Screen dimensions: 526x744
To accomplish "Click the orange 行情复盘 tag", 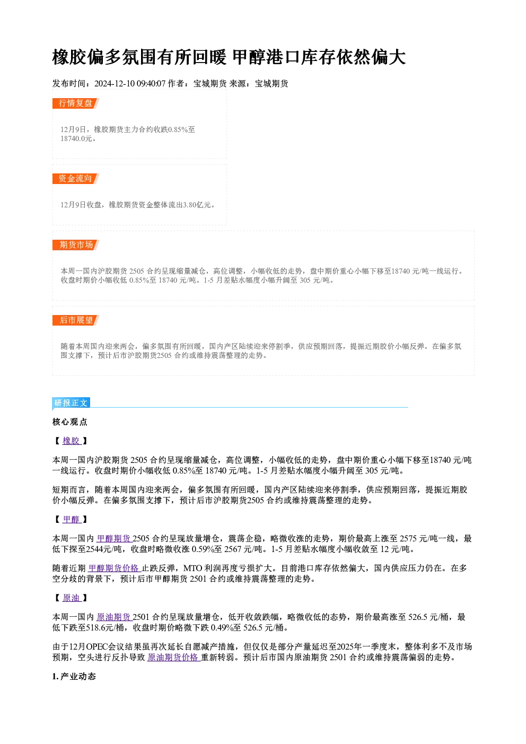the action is (75, 103).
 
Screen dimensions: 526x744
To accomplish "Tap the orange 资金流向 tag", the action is (75, 179).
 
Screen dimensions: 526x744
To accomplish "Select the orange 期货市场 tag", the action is (75, 245).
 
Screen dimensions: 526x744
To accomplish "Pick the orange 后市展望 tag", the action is (75, 320).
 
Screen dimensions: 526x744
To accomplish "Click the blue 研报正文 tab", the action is (71, 403).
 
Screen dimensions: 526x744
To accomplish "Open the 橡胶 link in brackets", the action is (72, 441).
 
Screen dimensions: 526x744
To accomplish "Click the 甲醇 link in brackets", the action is (72, 519).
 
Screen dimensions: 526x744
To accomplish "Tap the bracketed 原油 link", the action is (72, 598).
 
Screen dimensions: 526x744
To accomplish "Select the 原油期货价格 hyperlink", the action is (174, 658).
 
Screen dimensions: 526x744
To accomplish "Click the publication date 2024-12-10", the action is (115, 84).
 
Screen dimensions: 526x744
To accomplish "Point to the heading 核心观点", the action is (70, 422).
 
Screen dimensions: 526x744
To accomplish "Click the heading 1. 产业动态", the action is (74, 677).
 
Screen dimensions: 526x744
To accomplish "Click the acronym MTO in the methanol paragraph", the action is (193, 568).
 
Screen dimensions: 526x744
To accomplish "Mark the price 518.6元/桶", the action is (105, 628).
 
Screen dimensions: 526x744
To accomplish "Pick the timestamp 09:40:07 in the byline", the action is (151, 84).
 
